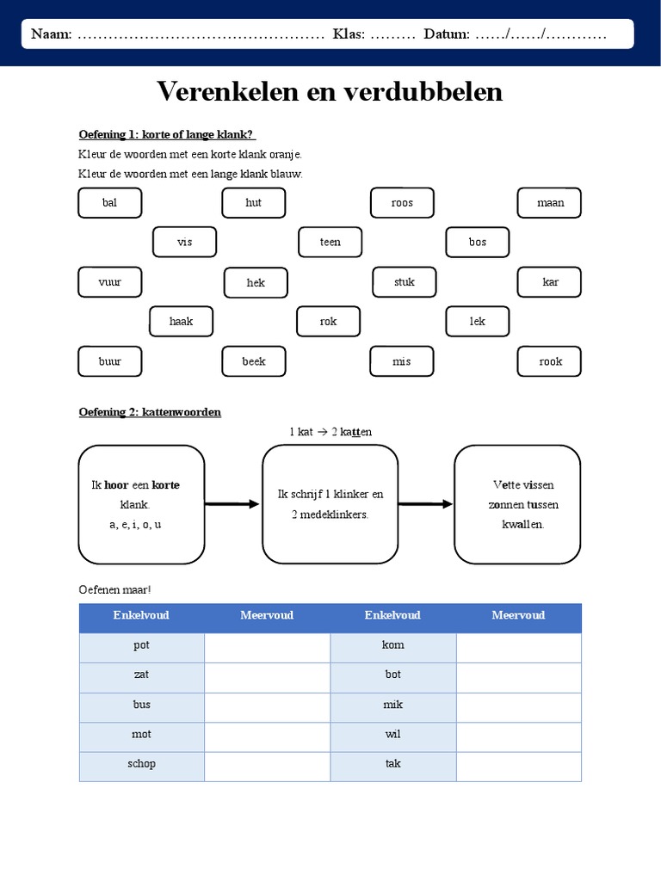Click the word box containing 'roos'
(x=402, y=203)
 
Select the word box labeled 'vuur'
(x=110, y=282)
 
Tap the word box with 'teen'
(x=330, y=242)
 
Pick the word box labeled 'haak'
(x=182, y=322)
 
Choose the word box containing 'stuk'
(x=405, y=282)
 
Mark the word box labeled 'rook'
(x=550, y=361)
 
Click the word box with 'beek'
(x=254, y=361)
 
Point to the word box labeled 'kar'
(x=550, y=282)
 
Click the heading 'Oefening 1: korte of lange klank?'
(x=168, y=134)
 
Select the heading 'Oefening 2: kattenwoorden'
(x=150, y=412)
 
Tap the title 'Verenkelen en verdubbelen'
(x=330, y=91)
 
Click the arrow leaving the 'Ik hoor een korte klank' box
(x=232, y=504)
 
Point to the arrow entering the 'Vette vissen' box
(x=426, y=504)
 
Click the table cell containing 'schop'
(x=142, y=764)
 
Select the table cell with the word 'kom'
(x=393, y=645)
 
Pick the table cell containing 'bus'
(x=142, y=705)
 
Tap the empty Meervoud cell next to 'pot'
(x=267, y=647)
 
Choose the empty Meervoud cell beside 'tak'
(x=518, y=766)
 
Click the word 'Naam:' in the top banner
(x=52, y=34)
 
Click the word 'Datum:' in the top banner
(x=447, y=34)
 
